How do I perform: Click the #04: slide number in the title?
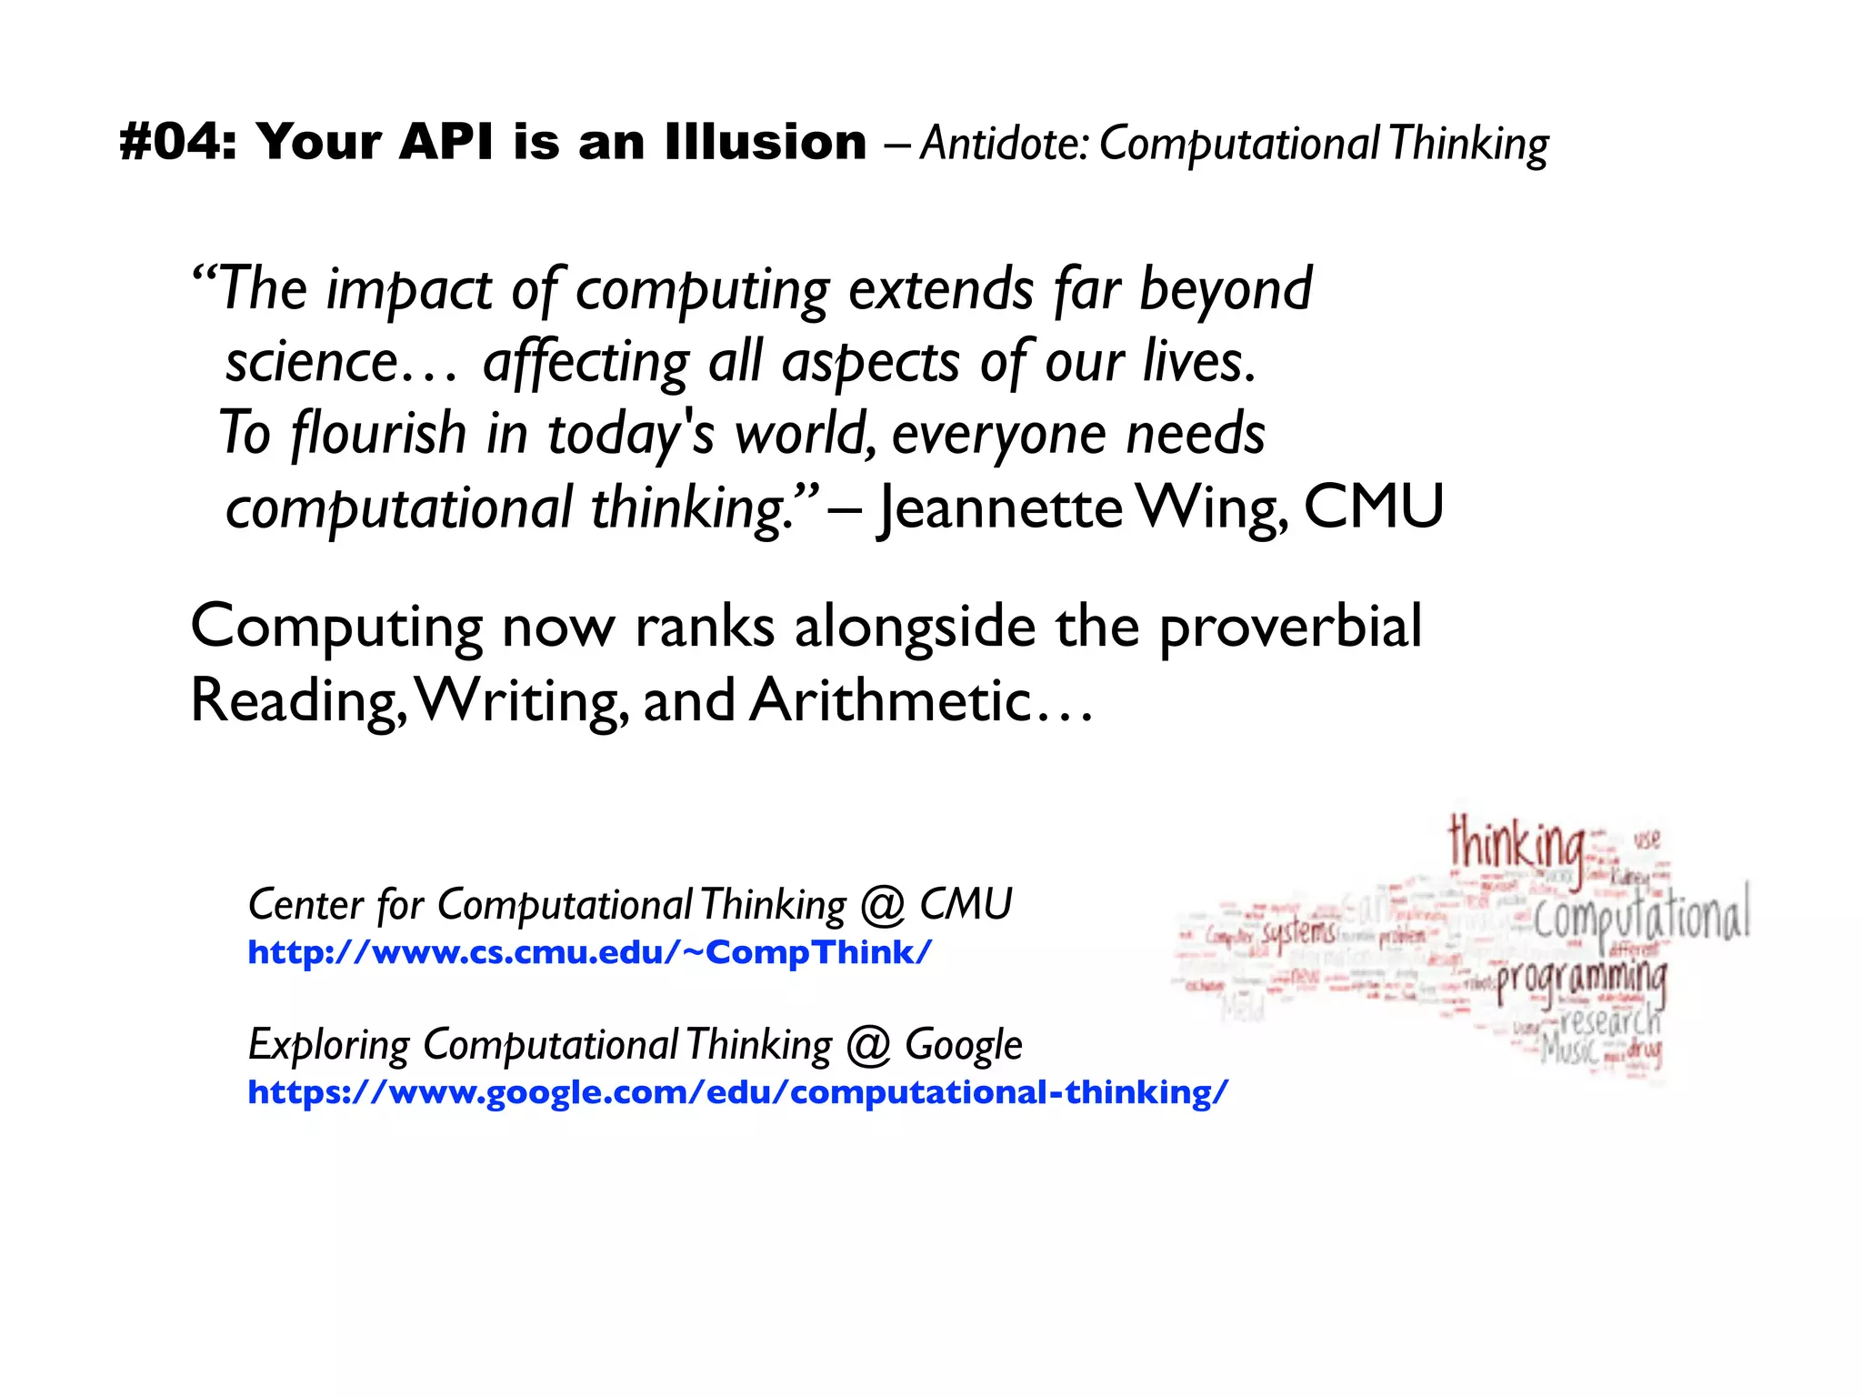[178, 143]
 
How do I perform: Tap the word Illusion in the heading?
[766, 143]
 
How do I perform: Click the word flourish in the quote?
[378, 434]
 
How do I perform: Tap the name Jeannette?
[1000, 508]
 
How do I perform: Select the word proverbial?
[1290, 628]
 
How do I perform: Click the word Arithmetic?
[891, 700]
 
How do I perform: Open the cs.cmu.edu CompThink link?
[589, 952]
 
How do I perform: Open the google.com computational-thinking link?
[737, 1091]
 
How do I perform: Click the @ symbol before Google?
[867, 1045]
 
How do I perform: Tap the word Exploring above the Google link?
[328, 1045]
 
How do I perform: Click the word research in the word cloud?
[1609, 1020]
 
